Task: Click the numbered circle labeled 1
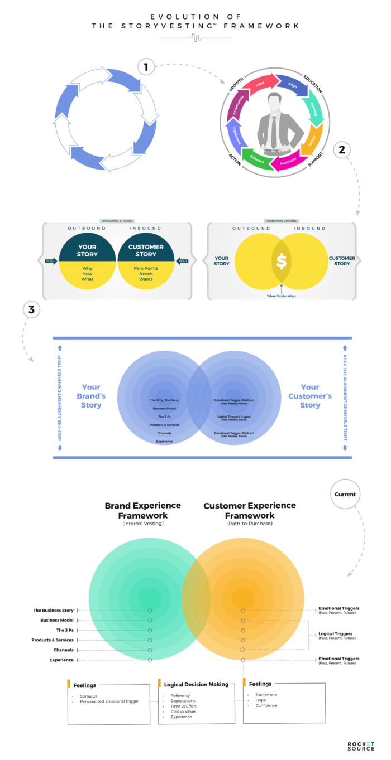click(146, 67)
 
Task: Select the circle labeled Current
click(345, 494)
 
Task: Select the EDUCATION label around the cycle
click(315, 82)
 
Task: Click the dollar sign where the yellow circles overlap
click(282, 261)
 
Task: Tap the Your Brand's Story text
click(90, 396)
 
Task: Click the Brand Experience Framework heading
click(143, 510)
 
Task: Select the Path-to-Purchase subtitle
click(242, 524)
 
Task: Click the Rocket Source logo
click(360, 746)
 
